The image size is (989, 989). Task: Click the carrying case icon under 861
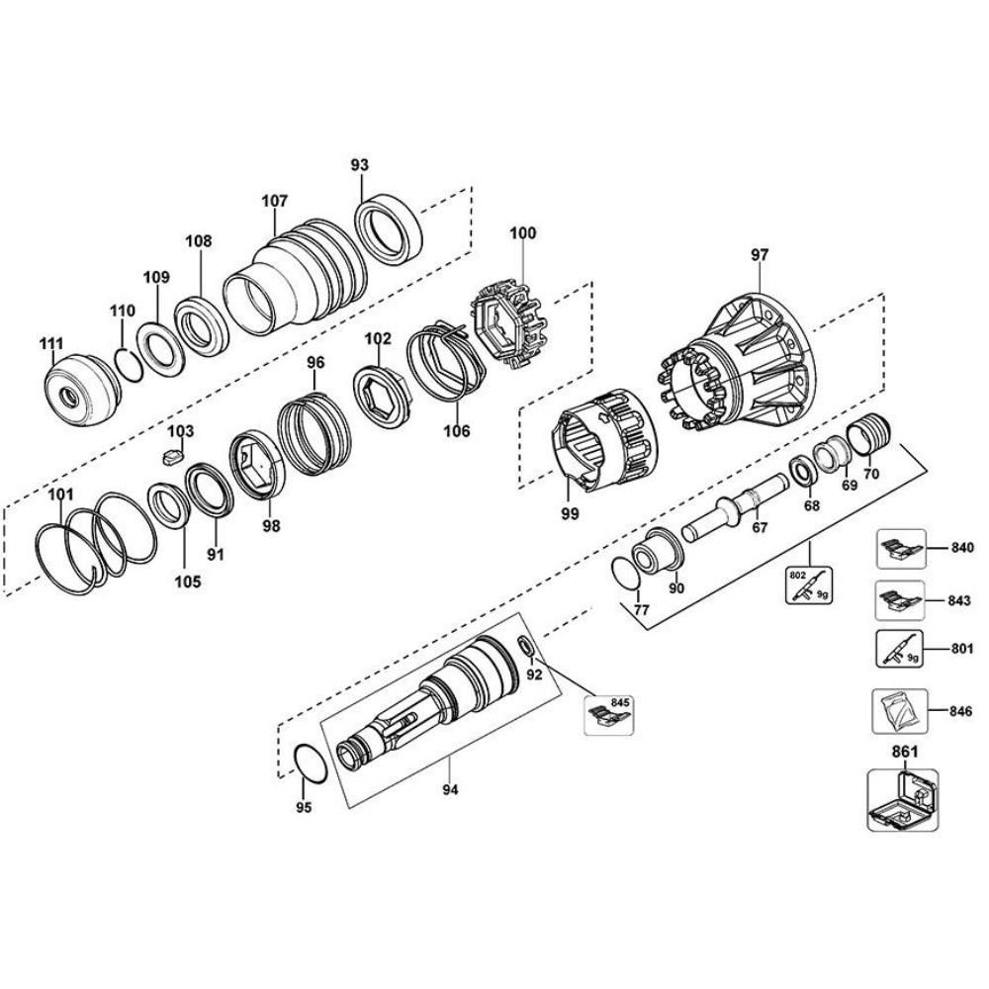pyautogui.click(x=901, y=798)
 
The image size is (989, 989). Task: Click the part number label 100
pyautogui.click(x=522, y=233)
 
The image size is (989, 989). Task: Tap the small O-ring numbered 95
pyautogui.click(x=311, y=765)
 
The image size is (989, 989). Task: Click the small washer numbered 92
pyautogui.click(x=527, y=649)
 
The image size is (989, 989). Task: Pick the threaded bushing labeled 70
pyautogui.click(x=870, y=434)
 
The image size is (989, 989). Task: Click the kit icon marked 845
pyautogui.click(x=609, y=714)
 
